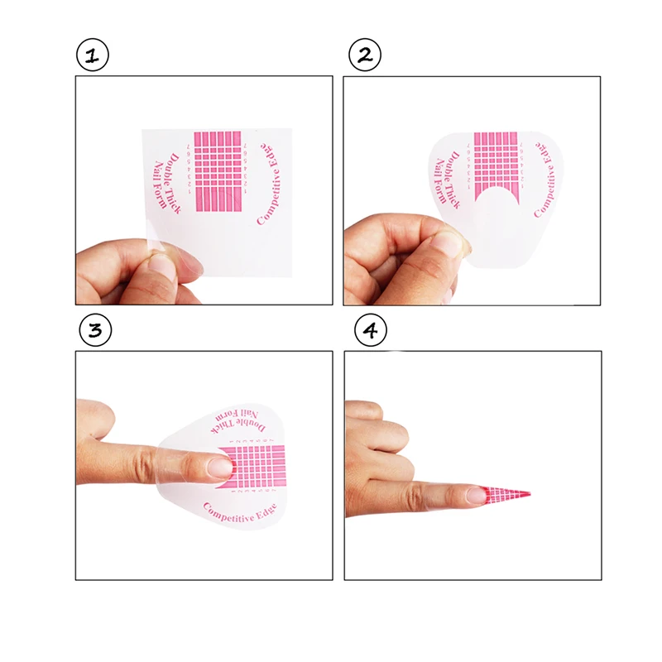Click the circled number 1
(93, 56)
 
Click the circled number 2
(365, 56)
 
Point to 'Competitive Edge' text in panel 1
(271, 180)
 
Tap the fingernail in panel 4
(477, 496)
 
